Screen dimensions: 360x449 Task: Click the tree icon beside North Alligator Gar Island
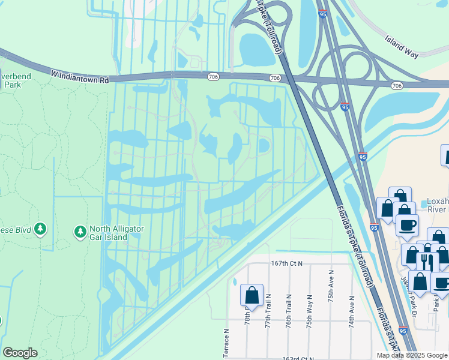coord(79,231)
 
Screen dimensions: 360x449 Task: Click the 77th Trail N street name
coord(268,310)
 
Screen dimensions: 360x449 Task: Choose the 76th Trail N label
coord(289,310)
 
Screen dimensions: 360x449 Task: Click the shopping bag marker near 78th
coord(252,295)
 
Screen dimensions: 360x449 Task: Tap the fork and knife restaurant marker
coord(427,261)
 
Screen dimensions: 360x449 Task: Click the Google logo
coord(19,353)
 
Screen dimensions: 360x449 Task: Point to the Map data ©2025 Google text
coord(411,355)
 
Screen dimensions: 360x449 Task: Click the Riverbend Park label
coord(11,80)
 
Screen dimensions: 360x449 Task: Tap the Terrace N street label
coord(226,343)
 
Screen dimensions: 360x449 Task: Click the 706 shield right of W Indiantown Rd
coord(214,76)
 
